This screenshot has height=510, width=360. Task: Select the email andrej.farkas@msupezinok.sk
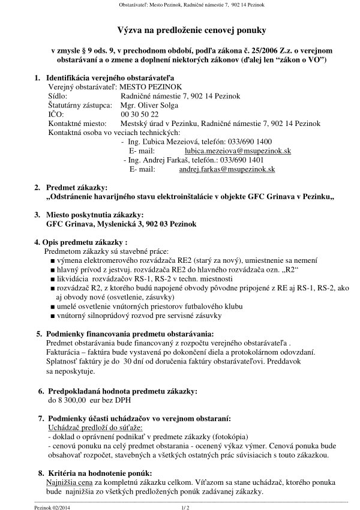tap(227, 170)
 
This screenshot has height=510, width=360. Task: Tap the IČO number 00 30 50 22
tap(140, 113)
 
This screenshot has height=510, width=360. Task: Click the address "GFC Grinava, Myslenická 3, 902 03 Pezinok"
tap(121, 224)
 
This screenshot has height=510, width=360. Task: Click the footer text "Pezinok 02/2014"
tap(55, 507)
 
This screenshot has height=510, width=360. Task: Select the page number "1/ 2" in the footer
tap(185, 507)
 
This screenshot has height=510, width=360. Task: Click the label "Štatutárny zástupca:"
tap(79, 104)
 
